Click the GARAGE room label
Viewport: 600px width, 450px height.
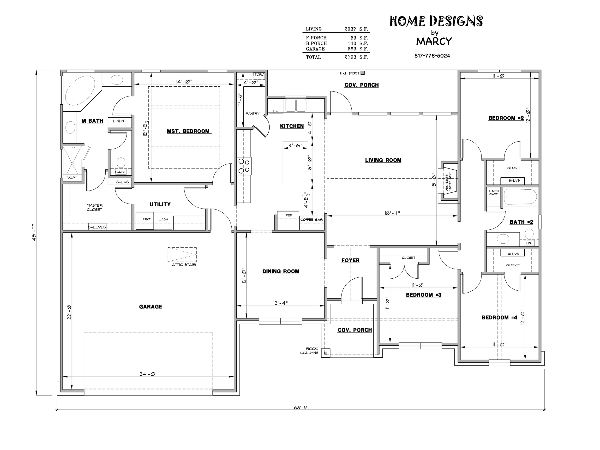point(150,306)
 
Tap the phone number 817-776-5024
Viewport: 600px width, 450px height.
point(432,56)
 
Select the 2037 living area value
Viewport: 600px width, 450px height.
point(350,29)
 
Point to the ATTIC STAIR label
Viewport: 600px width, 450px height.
point(184,265)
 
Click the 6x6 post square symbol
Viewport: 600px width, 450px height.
point(363,73)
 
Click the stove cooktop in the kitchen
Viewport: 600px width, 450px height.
point(244,166)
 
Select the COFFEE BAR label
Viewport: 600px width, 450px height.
point(311,219)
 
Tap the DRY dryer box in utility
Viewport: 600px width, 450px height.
point(145,221)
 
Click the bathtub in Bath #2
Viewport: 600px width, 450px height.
point(520,196)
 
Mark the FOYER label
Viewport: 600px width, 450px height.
point(350,260)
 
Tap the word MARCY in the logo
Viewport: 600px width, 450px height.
point(434,41)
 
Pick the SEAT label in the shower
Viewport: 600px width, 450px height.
point(72,177)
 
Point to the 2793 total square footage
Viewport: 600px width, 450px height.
point(350,57)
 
